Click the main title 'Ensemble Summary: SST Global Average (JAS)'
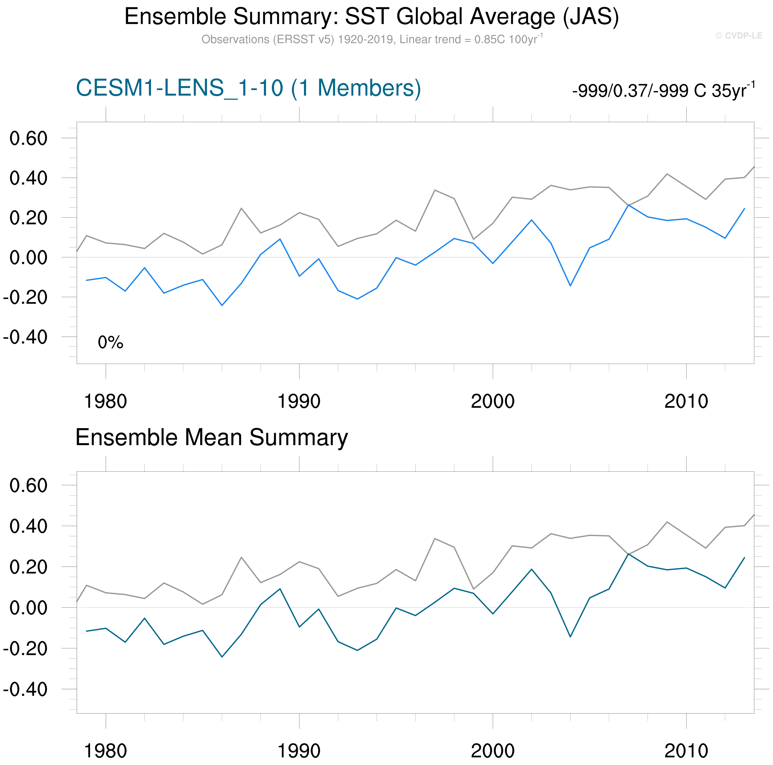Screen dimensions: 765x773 click(371, 17)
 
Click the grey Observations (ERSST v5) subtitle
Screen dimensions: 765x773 click(371, 40)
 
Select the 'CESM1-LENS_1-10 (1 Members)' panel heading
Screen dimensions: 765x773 click(248, 88)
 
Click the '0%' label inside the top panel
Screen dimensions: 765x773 click(110, 342)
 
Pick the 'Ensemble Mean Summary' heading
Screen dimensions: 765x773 click(211, 437)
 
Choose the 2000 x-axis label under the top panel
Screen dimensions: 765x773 click(493, 401)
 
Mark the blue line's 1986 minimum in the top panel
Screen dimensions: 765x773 click(222, 305)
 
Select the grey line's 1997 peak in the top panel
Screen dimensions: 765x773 click(435, 190)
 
